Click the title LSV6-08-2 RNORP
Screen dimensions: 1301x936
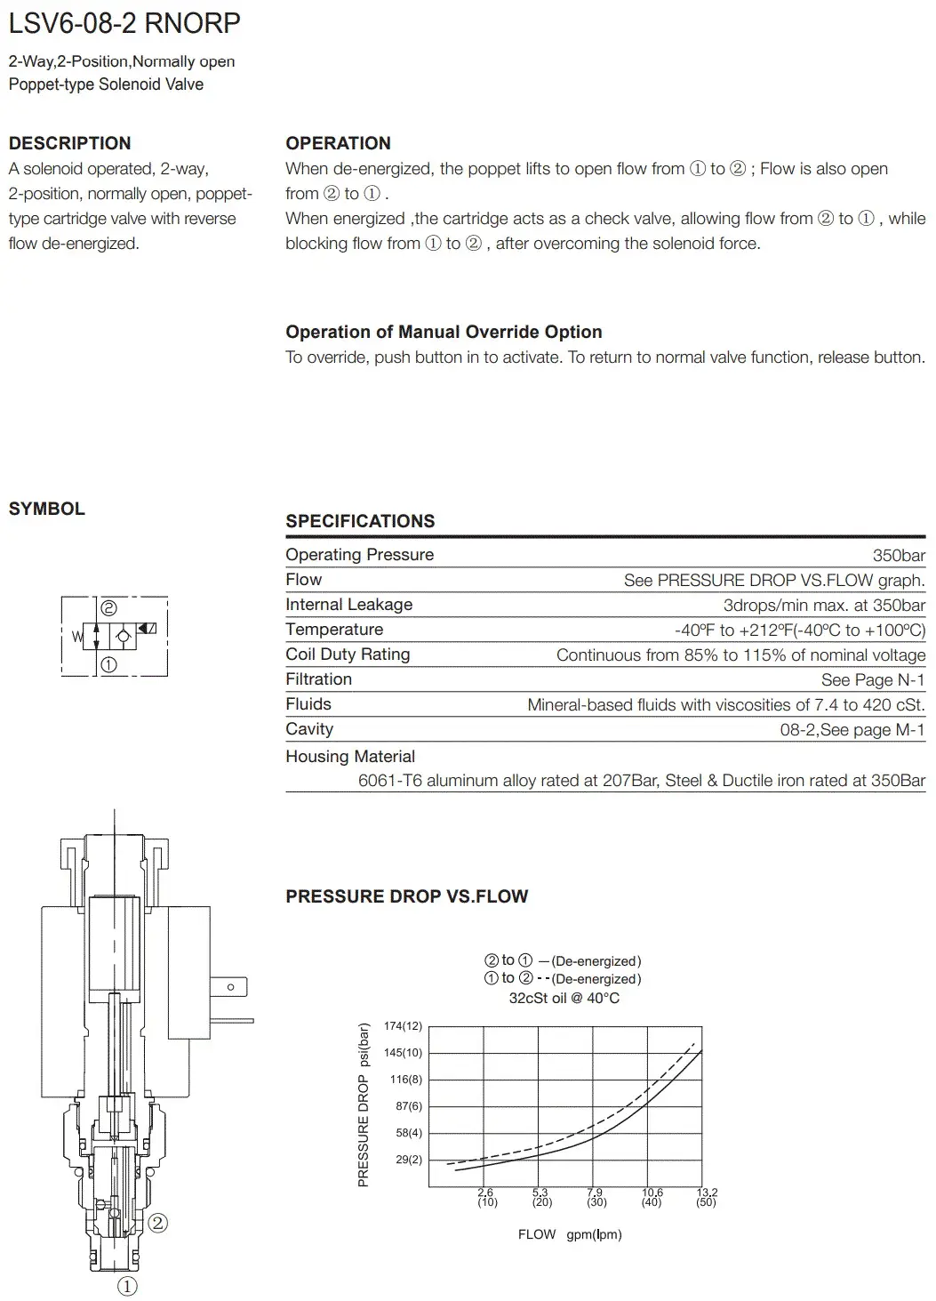[x=124, y=23]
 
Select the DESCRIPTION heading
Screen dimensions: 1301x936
[x=69, y=143]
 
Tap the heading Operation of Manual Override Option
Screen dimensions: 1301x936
[x=444, y=332]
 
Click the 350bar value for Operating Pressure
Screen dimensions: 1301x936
[x=899, y=555]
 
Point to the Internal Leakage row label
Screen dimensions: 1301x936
[x=348, y=605]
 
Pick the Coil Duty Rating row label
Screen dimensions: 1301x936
[x=348, y=655]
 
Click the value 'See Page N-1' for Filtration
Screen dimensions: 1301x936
[x=873, y=679]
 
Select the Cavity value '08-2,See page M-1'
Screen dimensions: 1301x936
[x=852, y=729]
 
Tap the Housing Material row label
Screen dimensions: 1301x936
[x=350, y=757]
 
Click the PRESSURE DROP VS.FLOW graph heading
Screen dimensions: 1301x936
[x=406, y=896]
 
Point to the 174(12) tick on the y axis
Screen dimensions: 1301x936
[x=403, y=1026]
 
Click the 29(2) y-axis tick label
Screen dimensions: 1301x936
[x=409, y=1160]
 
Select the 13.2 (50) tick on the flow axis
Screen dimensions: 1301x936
[x=707, y=1197]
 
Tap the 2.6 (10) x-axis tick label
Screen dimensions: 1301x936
[x=486, y=1197]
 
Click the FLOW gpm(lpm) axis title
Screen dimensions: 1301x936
[x=570, y=1234]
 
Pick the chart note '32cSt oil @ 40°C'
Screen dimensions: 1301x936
[x=564, y=998]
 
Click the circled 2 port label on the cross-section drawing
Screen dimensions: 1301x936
[x=157, y=1223]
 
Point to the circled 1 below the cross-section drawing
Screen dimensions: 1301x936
[x=127, y=1286]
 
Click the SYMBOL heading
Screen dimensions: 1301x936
[x=47, y=509]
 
